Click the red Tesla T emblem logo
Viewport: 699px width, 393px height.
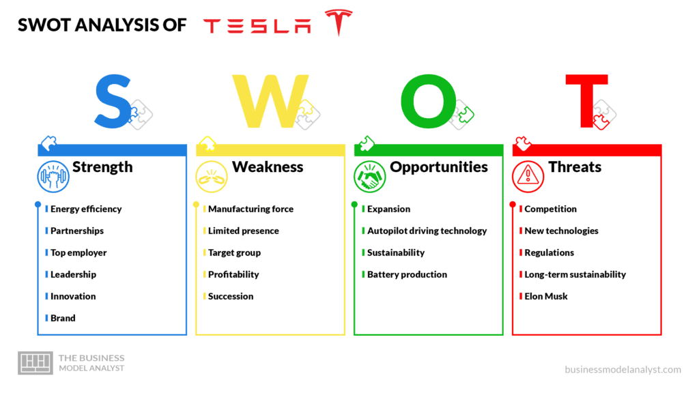(x=339, y=21)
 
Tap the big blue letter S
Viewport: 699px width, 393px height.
(x=113, y=102)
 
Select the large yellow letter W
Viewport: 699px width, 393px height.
(x=270, y=101)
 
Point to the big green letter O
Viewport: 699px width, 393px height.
(x=429, y=101)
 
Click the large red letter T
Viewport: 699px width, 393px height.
(x=586, y=101)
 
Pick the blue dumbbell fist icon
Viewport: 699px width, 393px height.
(x=53, y=177)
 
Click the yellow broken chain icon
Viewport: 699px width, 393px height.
(x=212, y=177)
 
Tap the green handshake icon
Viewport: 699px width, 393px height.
(x=369, y=177)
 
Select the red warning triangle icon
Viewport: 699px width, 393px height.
(x=528, y=177)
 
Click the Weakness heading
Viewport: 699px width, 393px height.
(x=268, y=166)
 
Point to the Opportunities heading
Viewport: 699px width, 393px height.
(x=439, y=168)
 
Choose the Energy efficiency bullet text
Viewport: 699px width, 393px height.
(x=86, y=209)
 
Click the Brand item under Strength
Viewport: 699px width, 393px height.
(x=63, y=318)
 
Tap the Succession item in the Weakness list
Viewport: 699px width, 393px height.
(x=231, y=296)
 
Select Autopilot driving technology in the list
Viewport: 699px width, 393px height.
(x=427, y=231)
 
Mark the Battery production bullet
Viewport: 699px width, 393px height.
(x=407, y=274)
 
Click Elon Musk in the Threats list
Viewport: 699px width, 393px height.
(x=546, y=296)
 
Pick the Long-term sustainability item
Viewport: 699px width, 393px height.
(x=575, y=274)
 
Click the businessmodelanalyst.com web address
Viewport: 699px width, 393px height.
(x=623, y=369)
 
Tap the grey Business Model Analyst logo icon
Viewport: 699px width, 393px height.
(x=35, y=363)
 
